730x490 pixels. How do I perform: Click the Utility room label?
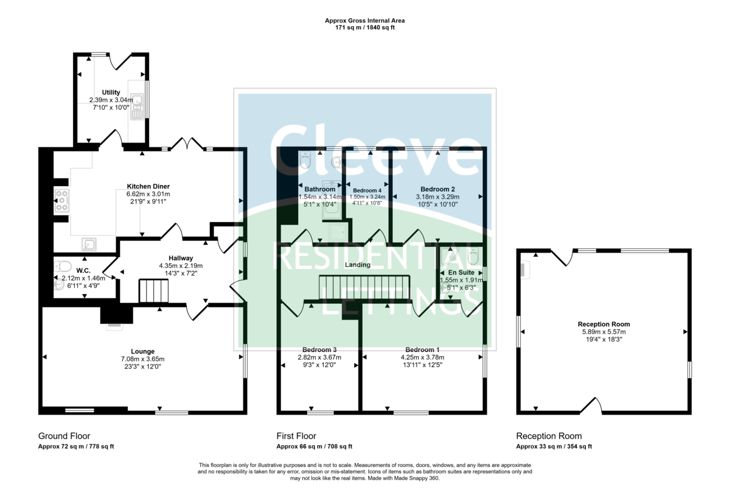tap(111, 93)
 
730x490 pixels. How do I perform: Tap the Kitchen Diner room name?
tap(148, 186)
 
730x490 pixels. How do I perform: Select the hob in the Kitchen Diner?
tap(61, 200)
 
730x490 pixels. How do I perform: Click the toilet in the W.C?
tap(63, 267)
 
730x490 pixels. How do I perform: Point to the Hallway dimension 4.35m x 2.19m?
tap(181, 266)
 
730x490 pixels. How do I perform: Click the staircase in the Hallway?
tap(154, 291)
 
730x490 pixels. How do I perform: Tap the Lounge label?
tap(143, 351)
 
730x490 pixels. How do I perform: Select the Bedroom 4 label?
tap(367, 191)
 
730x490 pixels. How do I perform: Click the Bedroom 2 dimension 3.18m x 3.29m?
tap(437, 197)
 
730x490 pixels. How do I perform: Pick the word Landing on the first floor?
tap(358, 265)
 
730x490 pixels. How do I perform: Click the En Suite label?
tap(462, 273)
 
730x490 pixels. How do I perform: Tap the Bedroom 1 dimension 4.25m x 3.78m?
tap(423, 357)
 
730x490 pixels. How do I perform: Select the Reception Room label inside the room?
tap(604, 324)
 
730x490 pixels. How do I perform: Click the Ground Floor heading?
tap(64, 436)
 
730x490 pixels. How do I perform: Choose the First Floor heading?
tap(296, 436)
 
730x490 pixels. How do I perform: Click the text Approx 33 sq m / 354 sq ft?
tap(554, 447)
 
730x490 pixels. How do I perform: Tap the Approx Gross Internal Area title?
tap(364, 21)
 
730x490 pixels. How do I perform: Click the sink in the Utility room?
tap(137, 107)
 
